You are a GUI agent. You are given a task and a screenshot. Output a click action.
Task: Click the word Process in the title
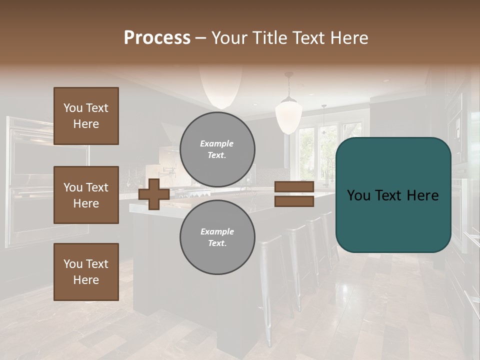tap(157, 38)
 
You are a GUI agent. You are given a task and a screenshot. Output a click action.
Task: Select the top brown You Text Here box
tap(86, 116)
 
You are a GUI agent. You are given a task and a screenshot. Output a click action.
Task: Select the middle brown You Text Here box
tap(86, 195)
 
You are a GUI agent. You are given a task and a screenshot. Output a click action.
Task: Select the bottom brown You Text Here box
tap(86, 272)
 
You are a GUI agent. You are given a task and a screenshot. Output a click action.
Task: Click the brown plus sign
tap(154, 194)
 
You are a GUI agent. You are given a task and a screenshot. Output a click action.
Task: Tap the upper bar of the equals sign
tap(294, 186)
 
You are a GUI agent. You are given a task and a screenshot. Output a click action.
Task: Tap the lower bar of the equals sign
tap(294, 201)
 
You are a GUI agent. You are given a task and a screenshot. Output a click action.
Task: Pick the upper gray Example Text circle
tap(217, 149)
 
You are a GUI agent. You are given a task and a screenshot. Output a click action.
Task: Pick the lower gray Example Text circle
tap(217, 237)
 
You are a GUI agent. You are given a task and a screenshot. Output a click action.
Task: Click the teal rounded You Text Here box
tap(393, 195)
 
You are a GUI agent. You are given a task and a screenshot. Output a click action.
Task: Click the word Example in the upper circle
tap(216, 143)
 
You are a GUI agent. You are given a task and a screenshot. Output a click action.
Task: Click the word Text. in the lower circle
tap(217, 243)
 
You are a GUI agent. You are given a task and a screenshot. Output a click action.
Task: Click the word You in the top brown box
tap(72, 108)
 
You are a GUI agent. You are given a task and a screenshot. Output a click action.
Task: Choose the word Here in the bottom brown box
tap(86, 280)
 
